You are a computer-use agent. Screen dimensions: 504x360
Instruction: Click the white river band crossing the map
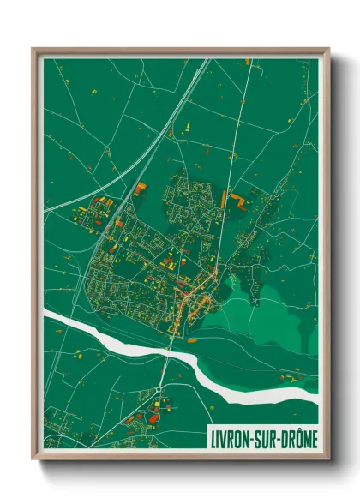pos(111,338)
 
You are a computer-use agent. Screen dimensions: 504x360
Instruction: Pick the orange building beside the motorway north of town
pos(140,189)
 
